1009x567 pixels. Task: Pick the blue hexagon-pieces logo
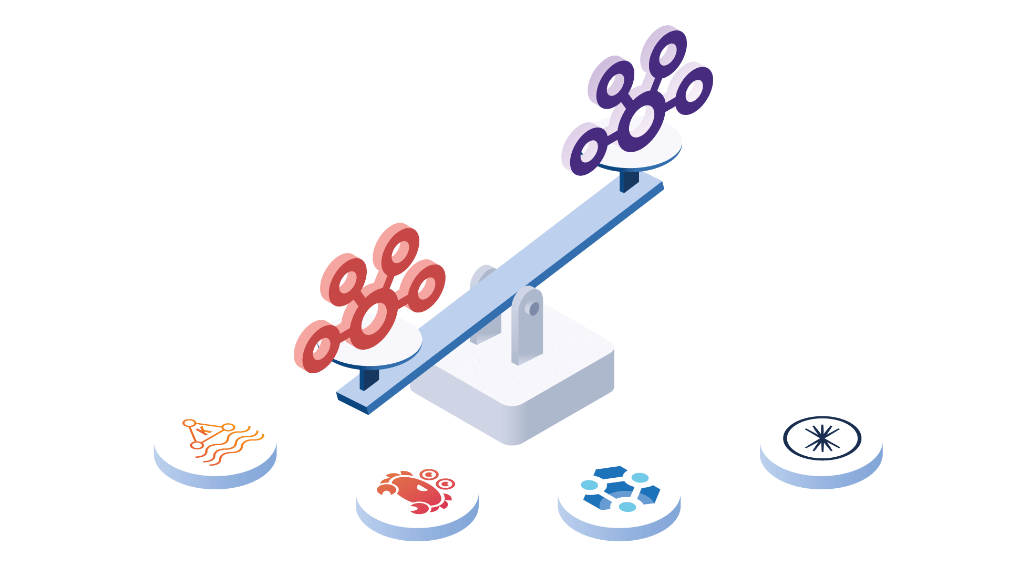pos(620,490)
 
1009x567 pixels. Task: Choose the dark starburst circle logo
pos(822,438)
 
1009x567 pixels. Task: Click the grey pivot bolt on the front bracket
pos(534,309)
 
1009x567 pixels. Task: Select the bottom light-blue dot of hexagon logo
pos(627,507)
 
